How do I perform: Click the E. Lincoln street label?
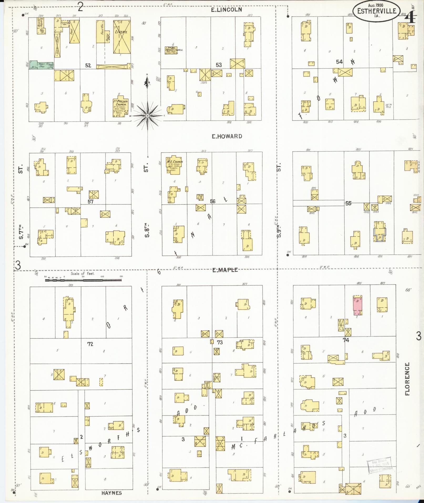pyautogui.click(x=227, y=10)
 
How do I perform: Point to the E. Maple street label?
pyautogui.click(x=225, y=270)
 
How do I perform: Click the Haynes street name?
pyautogui.click(x=111, y=493)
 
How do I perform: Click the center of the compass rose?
pyautogui.click(x=148, y=116)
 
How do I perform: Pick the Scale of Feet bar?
pyautogui.click(x=83, y=280)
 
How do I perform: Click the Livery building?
pyautogui.click(x=122, y=37)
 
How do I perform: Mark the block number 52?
pyautogui.click(x=88, y=65)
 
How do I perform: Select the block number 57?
pyautogui.click(x=90, y=201)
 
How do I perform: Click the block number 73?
pyautogui.click(x=220, y=342)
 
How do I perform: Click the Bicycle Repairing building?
pyautogui.click(x=40, y=26)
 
